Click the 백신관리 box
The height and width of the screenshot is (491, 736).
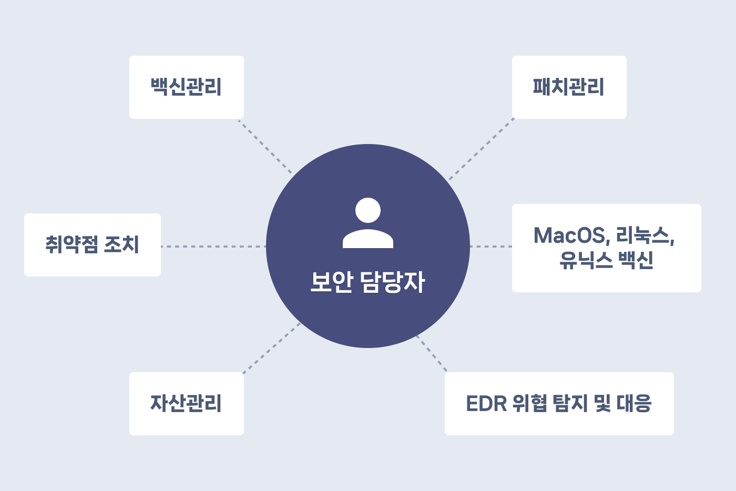coord(186,87)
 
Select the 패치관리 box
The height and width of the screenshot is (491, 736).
coord(569,87)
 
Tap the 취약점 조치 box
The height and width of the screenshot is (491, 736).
coord(93,245)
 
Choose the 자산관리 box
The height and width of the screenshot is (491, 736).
coord(186,404)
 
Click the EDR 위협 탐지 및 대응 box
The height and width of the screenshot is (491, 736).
coord(559,404)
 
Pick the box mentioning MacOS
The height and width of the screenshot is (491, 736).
coord(606,248)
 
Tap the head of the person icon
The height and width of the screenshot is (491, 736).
coord(368,210)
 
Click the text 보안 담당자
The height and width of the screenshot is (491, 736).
coord(367,282)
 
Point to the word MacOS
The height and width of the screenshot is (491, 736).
coord(569,236)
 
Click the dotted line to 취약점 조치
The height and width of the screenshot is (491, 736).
coord(213,246)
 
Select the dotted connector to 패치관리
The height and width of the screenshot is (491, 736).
coord(481,149)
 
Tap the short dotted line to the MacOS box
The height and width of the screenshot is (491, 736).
coord(490,246)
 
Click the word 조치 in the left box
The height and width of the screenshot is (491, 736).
coord(121,245)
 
